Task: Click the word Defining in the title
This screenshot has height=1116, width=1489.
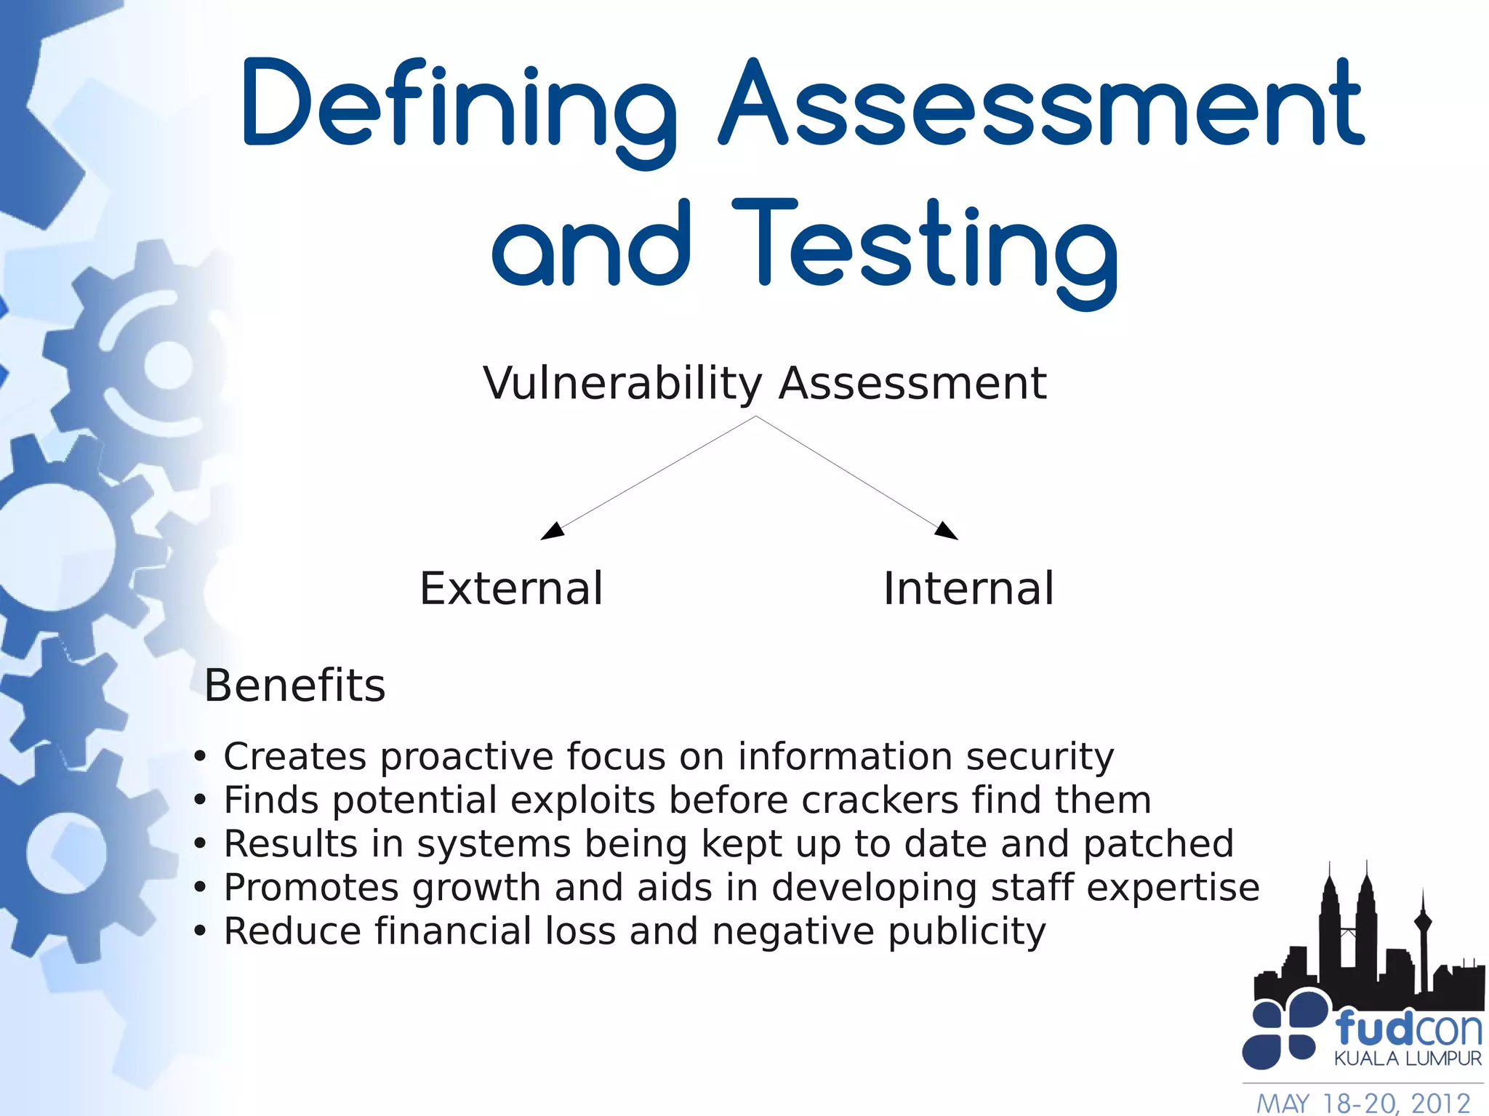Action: pos(458,105)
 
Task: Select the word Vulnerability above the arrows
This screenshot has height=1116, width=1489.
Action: pos(622,383)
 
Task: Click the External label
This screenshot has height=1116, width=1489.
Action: pos(511,588)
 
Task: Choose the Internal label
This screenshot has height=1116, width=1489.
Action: pos(968,588)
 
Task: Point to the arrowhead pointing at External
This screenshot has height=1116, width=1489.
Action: pos(553,531)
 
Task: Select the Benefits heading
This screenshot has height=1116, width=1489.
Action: pos(294,686)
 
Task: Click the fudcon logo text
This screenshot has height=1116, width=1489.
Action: pos(1408,1029)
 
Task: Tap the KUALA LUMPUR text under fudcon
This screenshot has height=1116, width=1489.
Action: pos(1408,1059)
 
